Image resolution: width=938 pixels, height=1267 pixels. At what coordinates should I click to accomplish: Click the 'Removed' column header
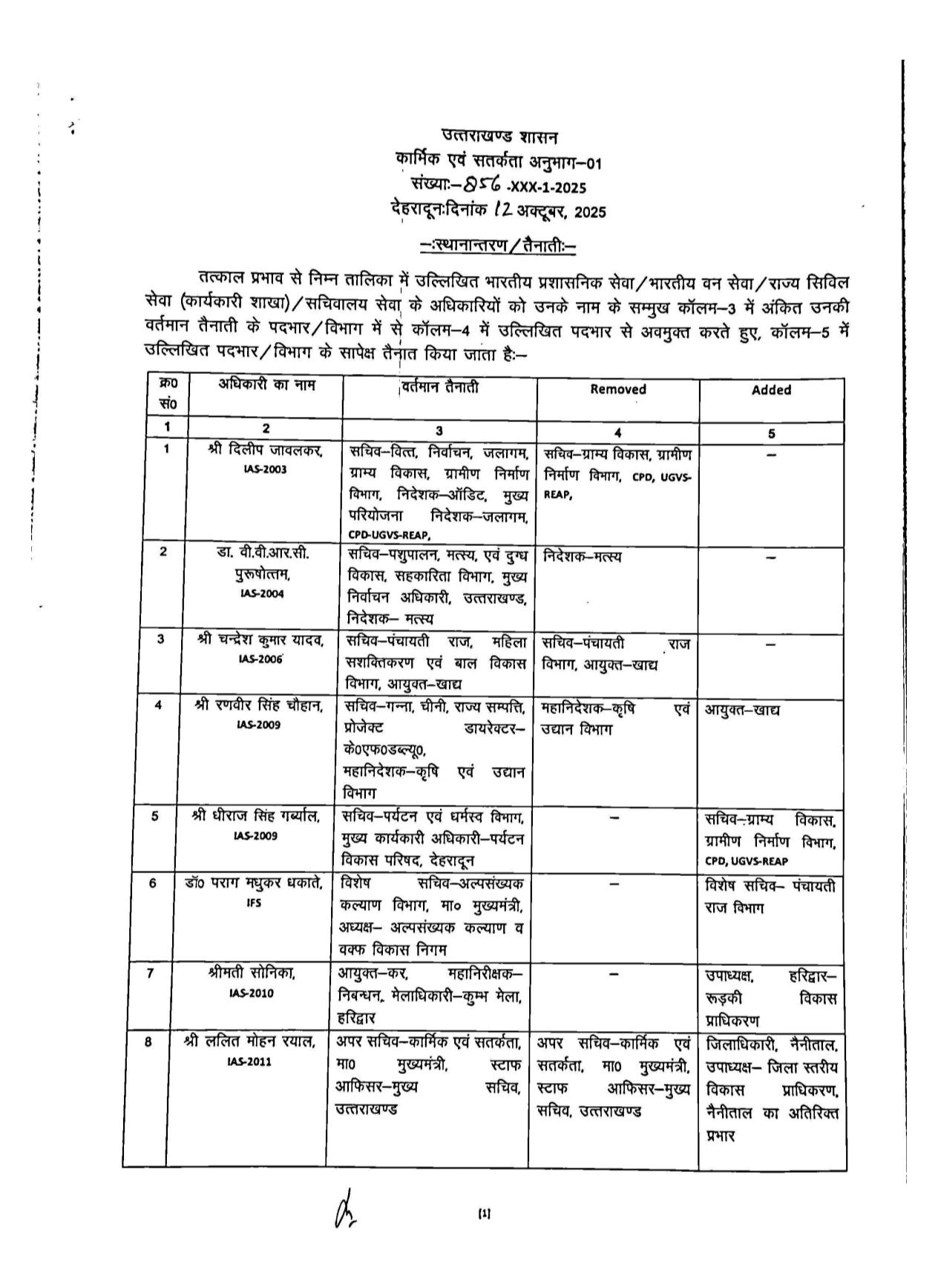tap(617, 389)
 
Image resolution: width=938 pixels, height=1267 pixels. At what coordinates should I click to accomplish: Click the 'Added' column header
tap(771, 389)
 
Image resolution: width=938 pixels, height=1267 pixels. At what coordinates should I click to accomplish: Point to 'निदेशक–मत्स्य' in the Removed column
tap(583, 556)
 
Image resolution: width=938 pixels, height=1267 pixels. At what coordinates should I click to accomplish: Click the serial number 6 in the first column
tap(152, 884)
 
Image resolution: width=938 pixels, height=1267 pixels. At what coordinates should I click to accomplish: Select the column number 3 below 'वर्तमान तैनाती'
tap(439, 432)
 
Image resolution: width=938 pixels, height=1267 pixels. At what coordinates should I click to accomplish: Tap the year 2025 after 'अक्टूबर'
tap(590, 212)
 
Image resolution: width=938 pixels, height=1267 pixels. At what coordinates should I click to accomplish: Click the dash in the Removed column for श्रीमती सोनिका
tap(614, 974)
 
